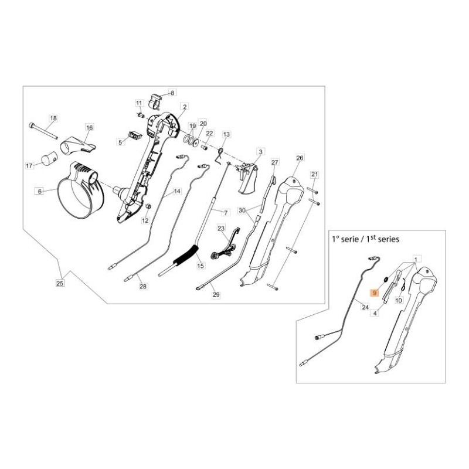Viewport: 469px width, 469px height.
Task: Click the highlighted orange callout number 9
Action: [x=375, y=293]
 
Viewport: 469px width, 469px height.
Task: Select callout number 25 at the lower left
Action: [x=60, y=283]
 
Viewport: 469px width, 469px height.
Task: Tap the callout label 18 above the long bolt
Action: [x=53, y=118]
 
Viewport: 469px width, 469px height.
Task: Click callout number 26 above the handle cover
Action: [x=300, y=158]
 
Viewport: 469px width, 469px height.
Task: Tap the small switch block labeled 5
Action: [x=134, y=135]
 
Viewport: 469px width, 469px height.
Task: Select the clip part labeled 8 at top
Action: [x=155, y=101]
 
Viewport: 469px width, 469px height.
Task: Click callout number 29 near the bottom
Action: [x=216, y=295]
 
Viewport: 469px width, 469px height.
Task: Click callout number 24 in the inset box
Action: [x=365, y=307]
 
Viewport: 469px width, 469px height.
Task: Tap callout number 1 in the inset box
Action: [x=417, y=259]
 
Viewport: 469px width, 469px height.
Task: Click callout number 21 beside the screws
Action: [x=314, y=174]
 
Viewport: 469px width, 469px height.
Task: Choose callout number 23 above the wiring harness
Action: [x=221, y=228]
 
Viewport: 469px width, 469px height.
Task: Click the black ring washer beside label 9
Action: [x=386, y=280]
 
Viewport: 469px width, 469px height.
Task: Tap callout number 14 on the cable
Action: [x=177, y=191]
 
